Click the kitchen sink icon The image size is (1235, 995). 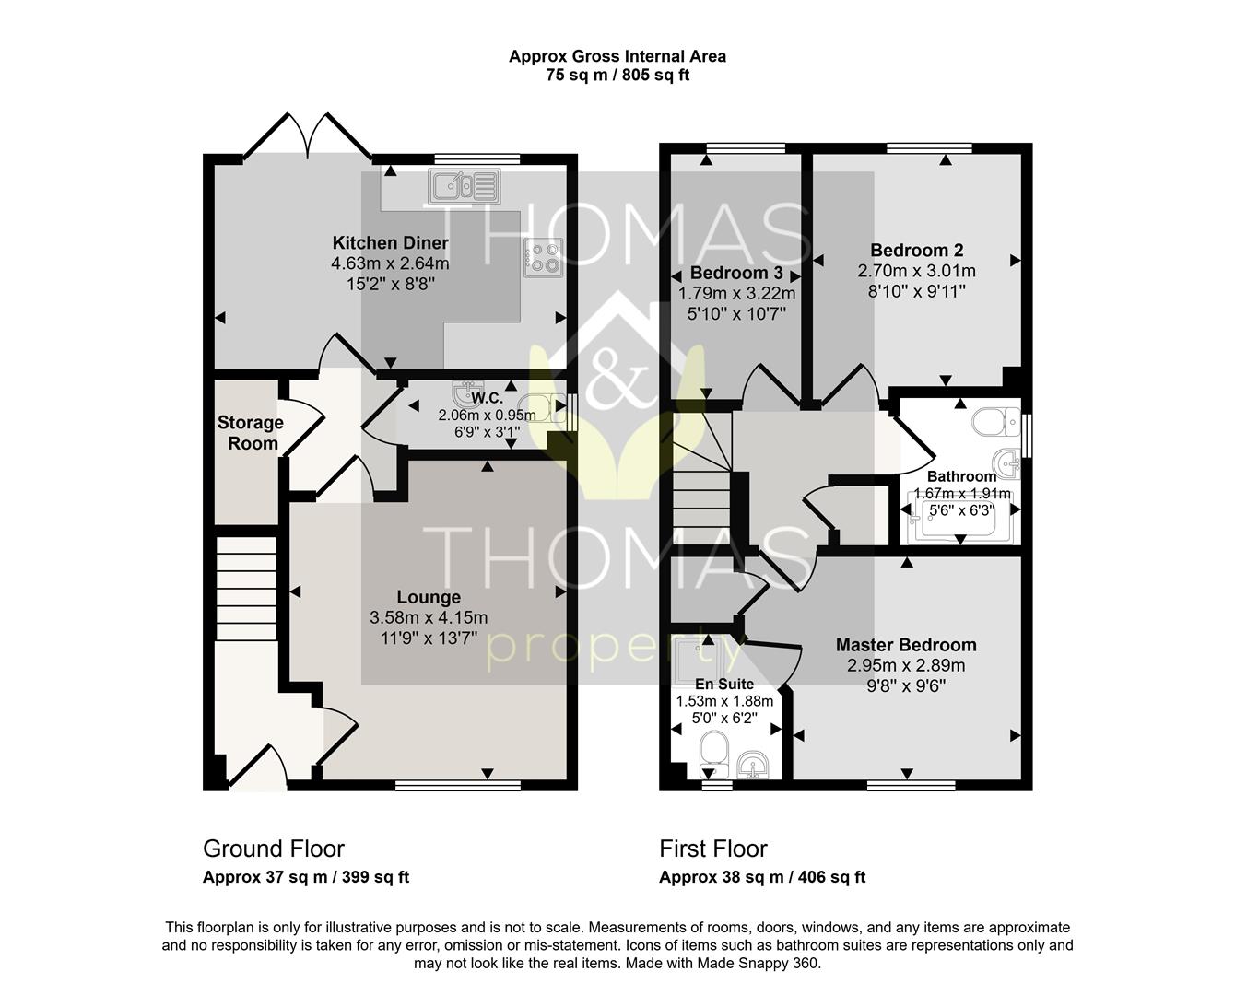(465, 185)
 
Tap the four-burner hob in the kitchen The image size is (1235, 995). (543, 258)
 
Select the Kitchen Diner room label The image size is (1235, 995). (390, 242)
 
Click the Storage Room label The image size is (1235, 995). (251, 433)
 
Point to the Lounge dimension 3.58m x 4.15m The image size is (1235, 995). (429, 617)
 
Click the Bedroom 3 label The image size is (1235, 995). (736, 273)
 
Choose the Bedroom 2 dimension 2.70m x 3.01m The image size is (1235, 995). (916, 271)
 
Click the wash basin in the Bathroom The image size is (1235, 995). (1006, 463)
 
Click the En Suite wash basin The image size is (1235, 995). (753, 765)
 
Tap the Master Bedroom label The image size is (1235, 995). (906, 645)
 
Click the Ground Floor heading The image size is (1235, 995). (274, 849)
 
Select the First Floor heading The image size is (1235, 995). (713, 849)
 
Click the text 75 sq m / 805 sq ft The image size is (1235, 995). (617, 76)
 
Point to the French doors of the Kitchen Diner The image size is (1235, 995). (308, 135)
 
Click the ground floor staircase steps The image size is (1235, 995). (246, 589)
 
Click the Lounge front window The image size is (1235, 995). (458, 785)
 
